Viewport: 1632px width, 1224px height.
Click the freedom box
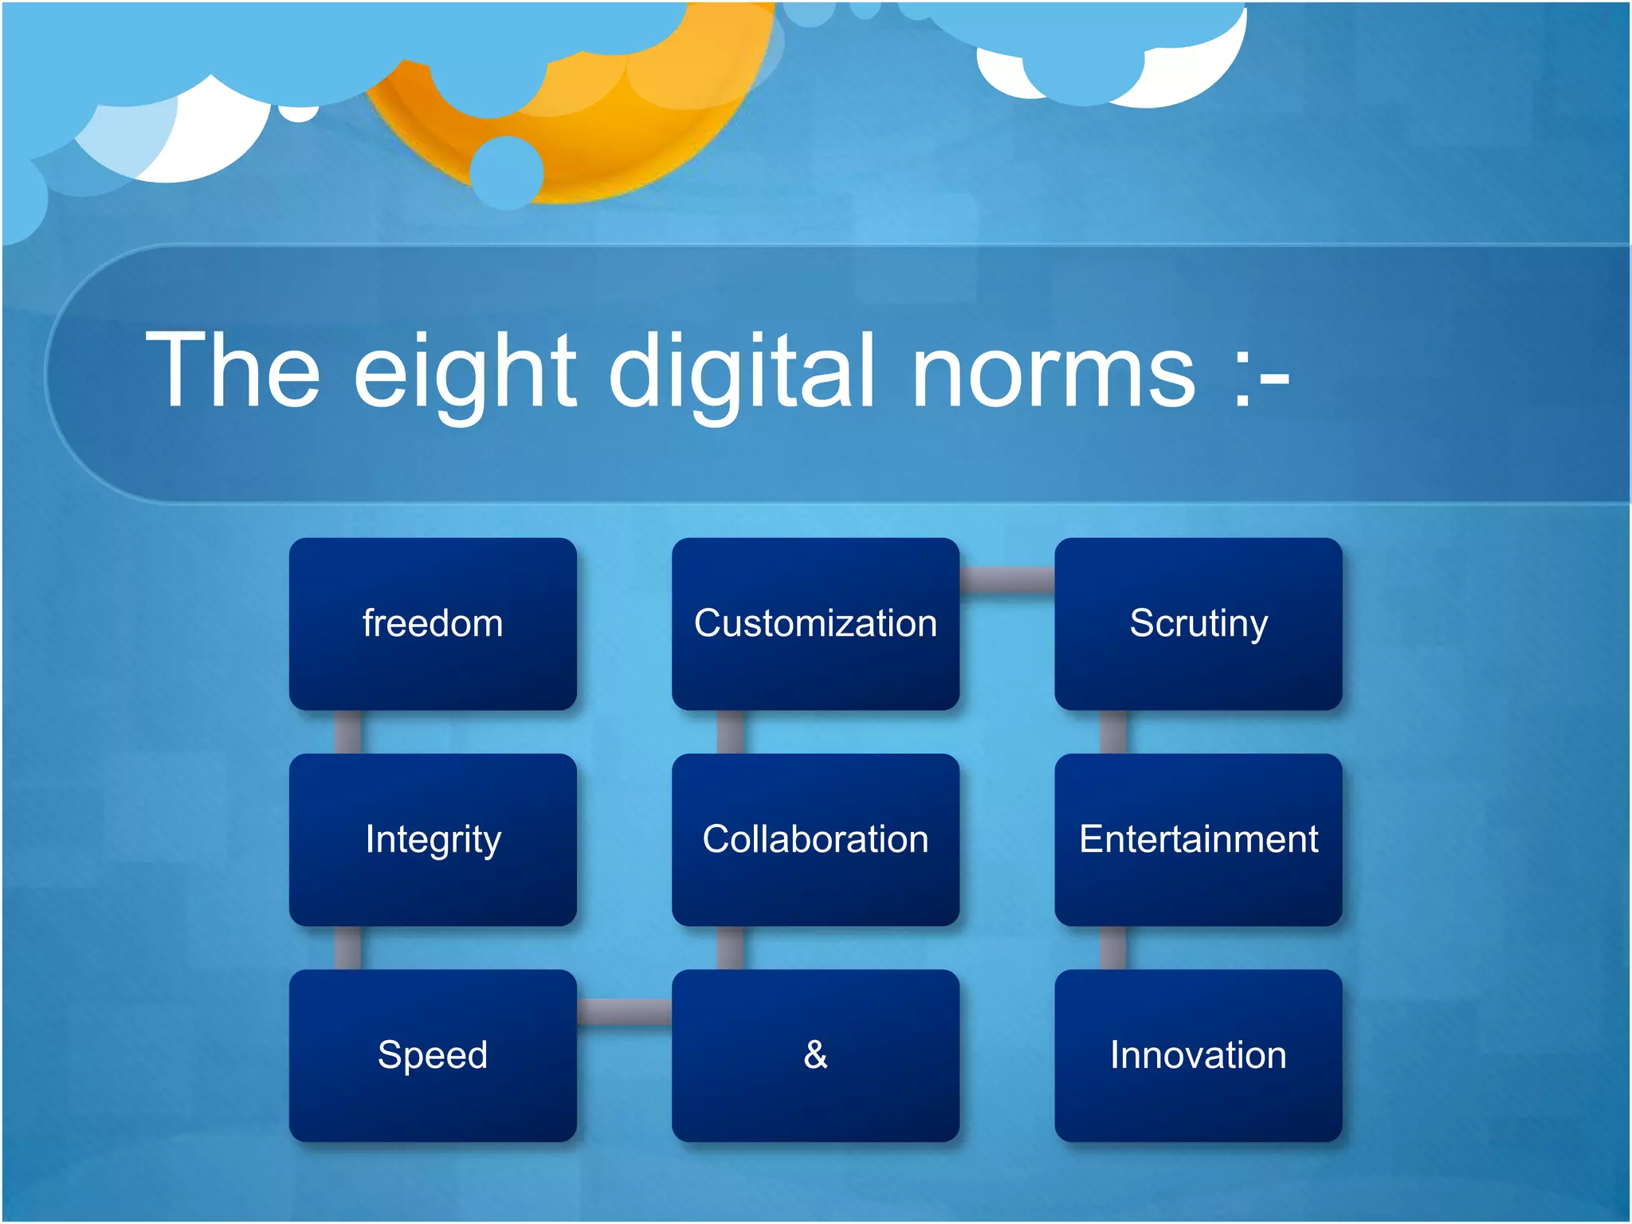click(433, 623)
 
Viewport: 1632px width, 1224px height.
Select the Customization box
click(815, 623)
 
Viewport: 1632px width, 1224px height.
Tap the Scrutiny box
click(1198, 623)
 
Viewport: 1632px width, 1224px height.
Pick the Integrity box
click(433, 839)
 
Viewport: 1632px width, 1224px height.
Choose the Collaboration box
click(815, 839)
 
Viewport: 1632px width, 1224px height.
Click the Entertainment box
click(1198, 839)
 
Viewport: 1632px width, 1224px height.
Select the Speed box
click(433, 1055)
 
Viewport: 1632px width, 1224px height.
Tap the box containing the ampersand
click(815, 1055)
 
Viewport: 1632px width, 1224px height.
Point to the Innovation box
click(1198, 1055)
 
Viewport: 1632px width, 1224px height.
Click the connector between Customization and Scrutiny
click(1006, 580)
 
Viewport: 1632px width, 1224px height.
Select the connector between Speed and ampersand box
click(624, 1011)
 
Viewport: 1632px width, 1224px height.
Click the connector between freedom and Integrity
click(347, 732)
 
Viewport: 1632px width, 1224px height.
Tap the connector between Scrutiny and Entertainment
click(1113, 732)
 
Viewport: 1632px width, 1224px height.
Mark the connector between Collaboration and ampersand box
click(730, 947)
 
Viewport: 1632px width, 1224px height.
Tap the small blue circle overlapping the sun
click(507, 172)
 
